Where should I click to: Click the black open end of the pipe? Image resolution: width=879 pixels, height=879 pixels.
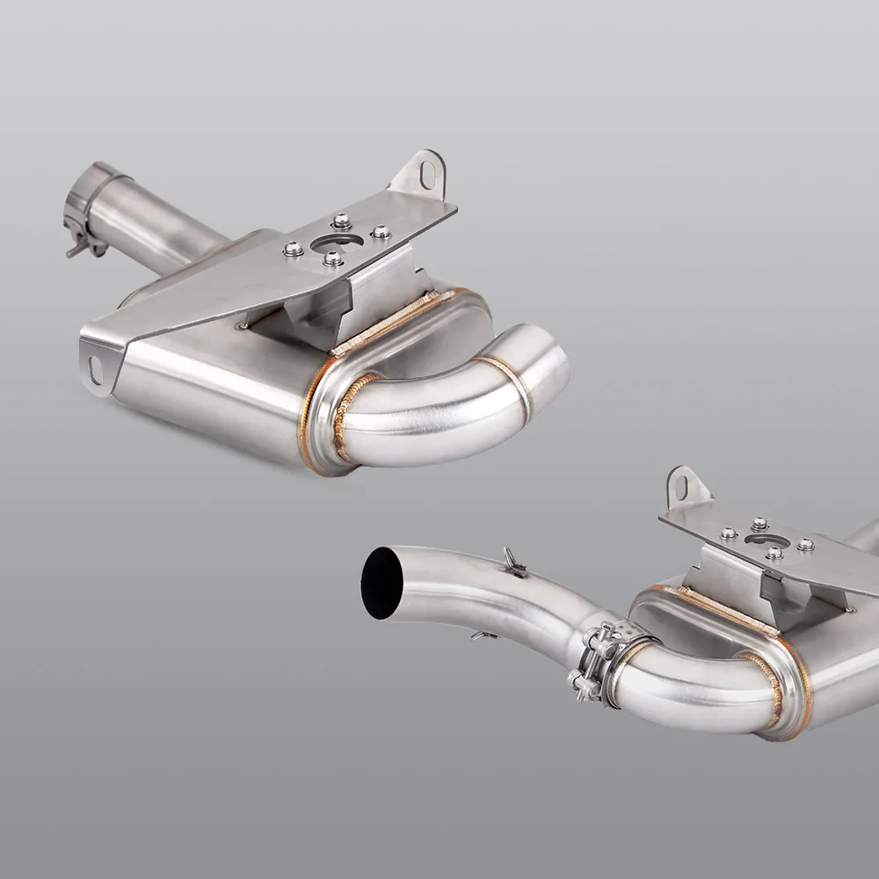pyautogui.click(x=381, y=583)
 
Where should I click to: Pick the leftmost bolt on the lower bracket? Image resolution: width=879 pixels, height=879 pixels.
pyautogui.click(x=728, y=534)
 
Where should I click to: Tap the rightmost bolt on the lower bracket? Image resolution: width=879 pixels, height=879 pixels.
pyautogui.click(x=805, y=545)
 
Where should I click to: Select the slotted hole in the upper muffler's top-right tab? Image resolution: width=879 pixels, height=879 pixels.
pyautogui.click(x=427, y=174)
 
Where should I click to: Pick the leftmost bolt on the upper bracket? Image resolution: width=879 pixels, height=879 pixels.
pyautogui.click(x=293, y=250)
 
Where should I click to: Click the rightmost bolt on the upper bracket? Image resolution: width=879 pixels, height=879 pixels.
pyautogui.click(x=381, y=232)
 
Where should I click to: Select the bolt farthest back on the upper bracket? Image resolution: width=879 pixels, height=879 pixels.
pyautogui.click(x=341, y=222)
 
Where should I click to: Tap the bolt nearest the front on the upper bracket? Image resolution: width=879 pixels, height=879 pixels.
pyautogui.click(x=333, y=258)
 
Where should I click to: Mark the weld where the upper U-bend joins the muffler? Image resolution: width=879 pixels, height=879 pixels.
pyautogui.click(x=352, y=413)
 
